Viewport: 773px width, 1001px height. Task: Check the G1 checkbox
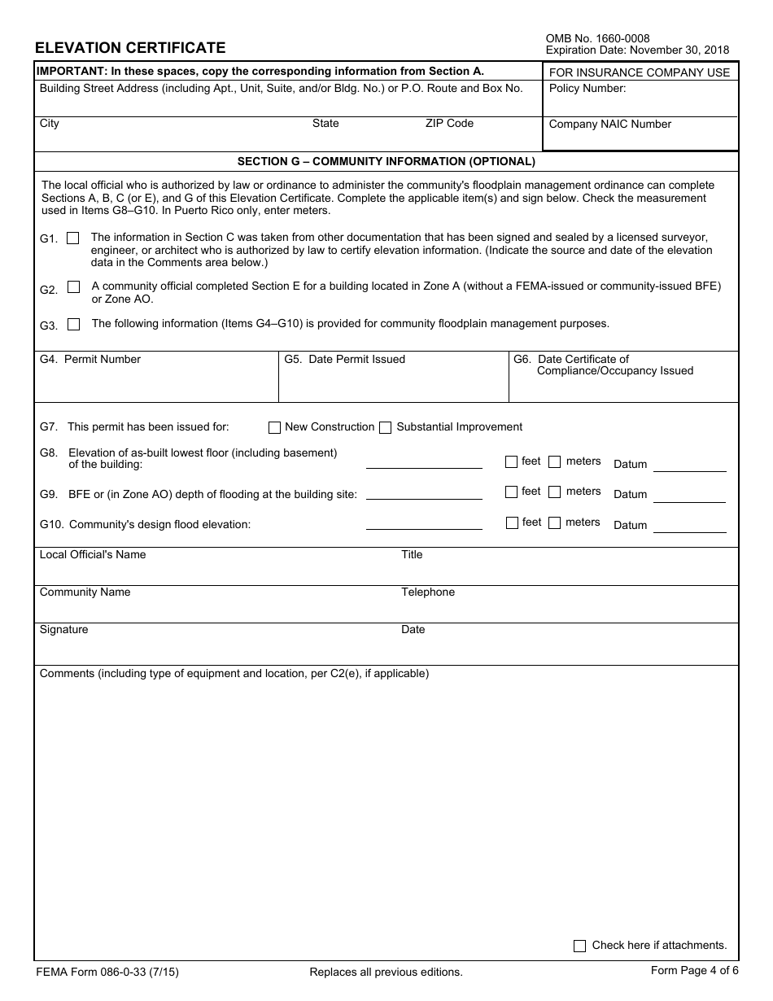(x=73, y=238)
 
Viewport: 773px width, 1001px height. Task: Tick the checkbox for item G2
(x=74, y=287)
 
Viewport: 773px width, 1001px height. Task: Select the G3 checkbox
(x=74, y=324)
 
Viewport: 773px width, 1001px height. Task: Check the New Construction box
(x=274, y=427)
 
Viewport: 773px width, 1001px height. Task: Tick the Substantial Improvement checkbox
(x=386, y=427)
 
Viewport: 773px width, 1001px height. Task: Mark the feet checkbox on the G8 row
(x=511, y=461)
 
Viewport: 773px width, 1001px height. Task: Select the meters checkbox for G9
(x=555, y=492)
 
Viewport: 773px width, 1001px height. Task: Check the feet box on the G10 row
(x=512, y=522)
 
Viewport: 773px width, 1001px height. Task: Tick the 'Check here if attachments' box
(x=579, y=946)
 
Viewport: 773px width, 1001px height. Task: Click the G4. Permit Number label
(x=90, y=359)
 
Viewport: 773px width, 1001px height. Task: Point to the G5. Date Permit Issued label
(x=344, y=359)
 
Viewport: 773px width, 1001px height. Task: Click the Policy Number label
(x=587, y=88)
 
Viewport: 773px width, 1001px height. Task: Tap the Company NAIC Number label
(x=610, y=125)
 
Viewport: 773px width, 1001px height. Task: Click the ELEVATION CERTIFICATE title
(x=130, y=48)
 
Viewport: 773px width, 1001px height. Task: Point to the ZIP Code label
(x=449, y=123)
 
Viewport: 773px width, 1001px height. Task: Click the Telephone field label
(x=428, y=592)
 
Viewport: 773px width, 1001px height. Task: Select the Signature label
(x=63, y=629)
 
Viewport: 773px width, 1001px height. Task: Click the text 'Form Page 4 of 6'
(x=694, y=970)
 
